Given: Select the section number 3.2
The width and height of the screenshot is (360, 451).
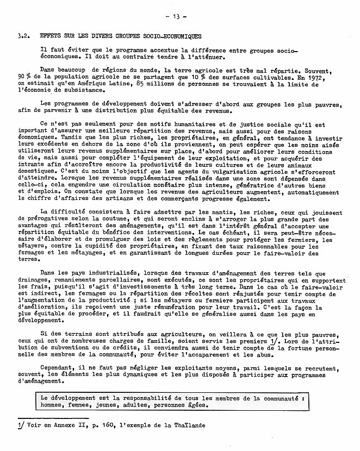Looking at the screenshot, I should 22,36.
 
